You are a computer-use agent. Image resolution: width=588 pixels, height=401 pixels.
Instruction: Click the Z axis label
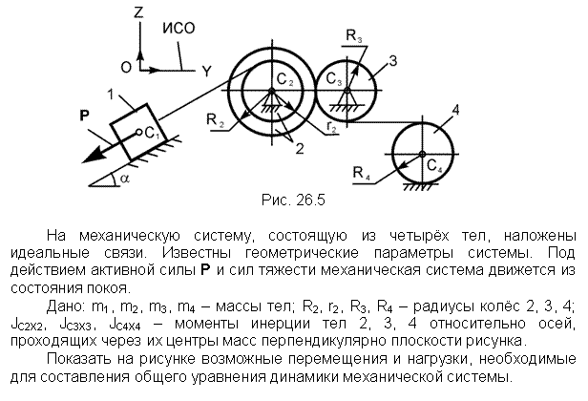click(x=138, y=12)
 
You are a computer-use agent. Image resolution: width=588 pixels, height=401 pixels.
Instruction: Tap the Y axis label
click(x=206, y=71)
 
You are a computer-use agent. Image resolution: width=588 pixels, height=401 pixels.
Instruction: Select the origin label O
click(x=126, y=68)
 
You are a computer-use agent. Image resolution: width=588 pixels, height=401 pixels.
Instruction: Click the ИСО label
click(x=178, y=29)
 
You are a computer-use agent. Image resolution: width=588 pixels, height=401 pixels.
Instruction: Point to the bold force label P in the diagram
click(x=85, y=116)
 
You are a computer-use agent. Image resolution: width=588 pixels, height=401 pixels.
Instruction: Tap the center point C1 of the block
click(x=138, y=132)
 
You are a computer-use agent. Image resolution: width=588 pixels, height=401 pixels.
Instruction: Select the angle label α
click(x=125, y=179)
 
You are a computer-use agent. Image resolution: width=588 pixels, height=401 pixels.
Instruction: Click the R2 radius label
click(x=216, y=121)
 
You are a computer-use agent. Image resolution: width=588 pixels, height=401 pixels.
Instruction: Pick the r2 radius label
click(x=332, y=126)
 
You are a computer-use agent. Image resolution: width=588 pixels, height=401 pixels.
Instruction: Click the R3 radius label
click(x=353, y=36)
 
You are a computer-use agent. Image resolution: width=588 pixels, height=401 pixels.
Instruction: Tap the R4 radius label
click(x=362, y=174)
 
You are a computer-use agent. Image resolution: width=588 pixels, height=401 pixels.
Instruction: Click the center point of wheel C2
click(x=272, y=91)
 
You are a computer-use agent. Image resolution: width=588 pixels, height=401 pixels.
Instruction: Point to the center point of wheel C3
click(x=346, y=91)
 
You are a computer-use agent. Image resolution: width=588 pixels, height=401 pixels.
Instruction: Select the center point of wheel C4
click(x=422, y=154)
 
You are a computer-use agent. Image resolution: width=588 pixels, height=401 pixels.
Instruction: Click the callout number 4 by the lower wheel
click(x=456, y=110)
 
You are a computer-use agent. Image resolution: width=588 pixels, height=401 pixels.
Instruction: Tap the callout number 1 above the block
click(x=111, y=95)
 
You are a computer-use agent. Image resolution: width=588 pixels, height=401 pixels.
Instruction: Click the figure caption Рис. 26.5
click(x=293, y=200)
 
